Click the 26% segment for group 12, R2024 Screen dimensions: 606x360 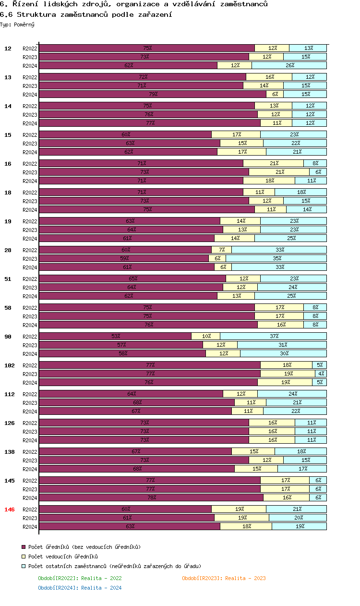(289, 65)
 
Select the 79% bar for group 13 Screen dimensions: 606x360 (153, 94)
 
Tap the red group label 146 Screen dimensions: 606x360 (10, 509)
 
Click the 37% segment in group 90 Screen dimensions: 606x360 (273, 336)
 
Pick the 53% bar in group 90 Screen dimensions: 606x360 (115, 336)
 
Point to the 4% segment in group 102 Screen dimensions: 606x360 (321, 374)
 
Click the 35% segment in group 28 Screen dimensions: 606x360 (276, 258)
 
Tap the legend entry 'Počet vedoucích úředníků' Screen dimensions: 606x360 (63, 557)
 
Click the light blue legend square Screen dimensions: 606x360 (24, 566)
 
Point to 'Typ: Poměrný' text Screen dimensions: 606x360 (17, 24)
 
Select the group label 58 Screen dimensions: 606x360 (8, 308)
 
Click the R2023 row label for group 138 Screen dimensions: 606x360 (30, 460)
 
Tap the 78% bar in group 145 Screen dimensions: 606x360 (151, 497)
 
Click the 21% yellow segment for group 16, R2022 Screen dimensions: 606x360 (273, 163)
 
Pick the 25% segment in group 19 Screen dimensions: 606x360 (290, 238)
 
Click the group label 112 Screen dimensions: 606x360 (10, 394)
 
